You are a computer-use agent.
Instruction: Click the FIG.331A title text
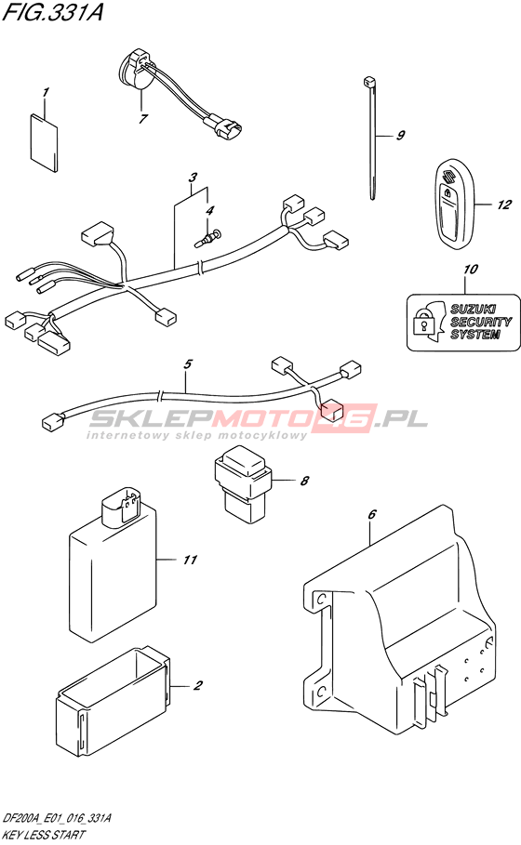(52, 12)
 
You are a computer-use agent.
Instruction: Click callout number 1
(46, 92)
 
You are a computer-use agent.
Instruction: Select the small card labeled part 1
(44, 143)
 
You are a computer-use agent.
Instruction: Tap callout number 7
(143, 119)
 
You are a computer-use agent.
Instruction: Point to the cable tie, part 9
(371, 138)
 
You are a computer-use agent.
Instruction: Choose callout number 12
(503, 205)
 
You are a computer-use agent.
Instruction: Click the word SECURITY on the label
(481, 322)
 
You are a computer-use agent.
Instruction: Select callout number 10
(471, 269)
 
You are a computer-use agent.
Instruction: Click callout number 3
(193, 177)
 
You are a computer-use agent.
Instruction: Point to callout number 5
(187, 364)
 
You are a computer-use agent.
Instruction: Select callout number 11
(190, 560)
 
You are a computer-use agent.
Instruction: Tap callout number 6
(371, 515)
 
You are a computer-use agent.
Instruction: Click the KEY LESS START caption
(43, 835)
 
